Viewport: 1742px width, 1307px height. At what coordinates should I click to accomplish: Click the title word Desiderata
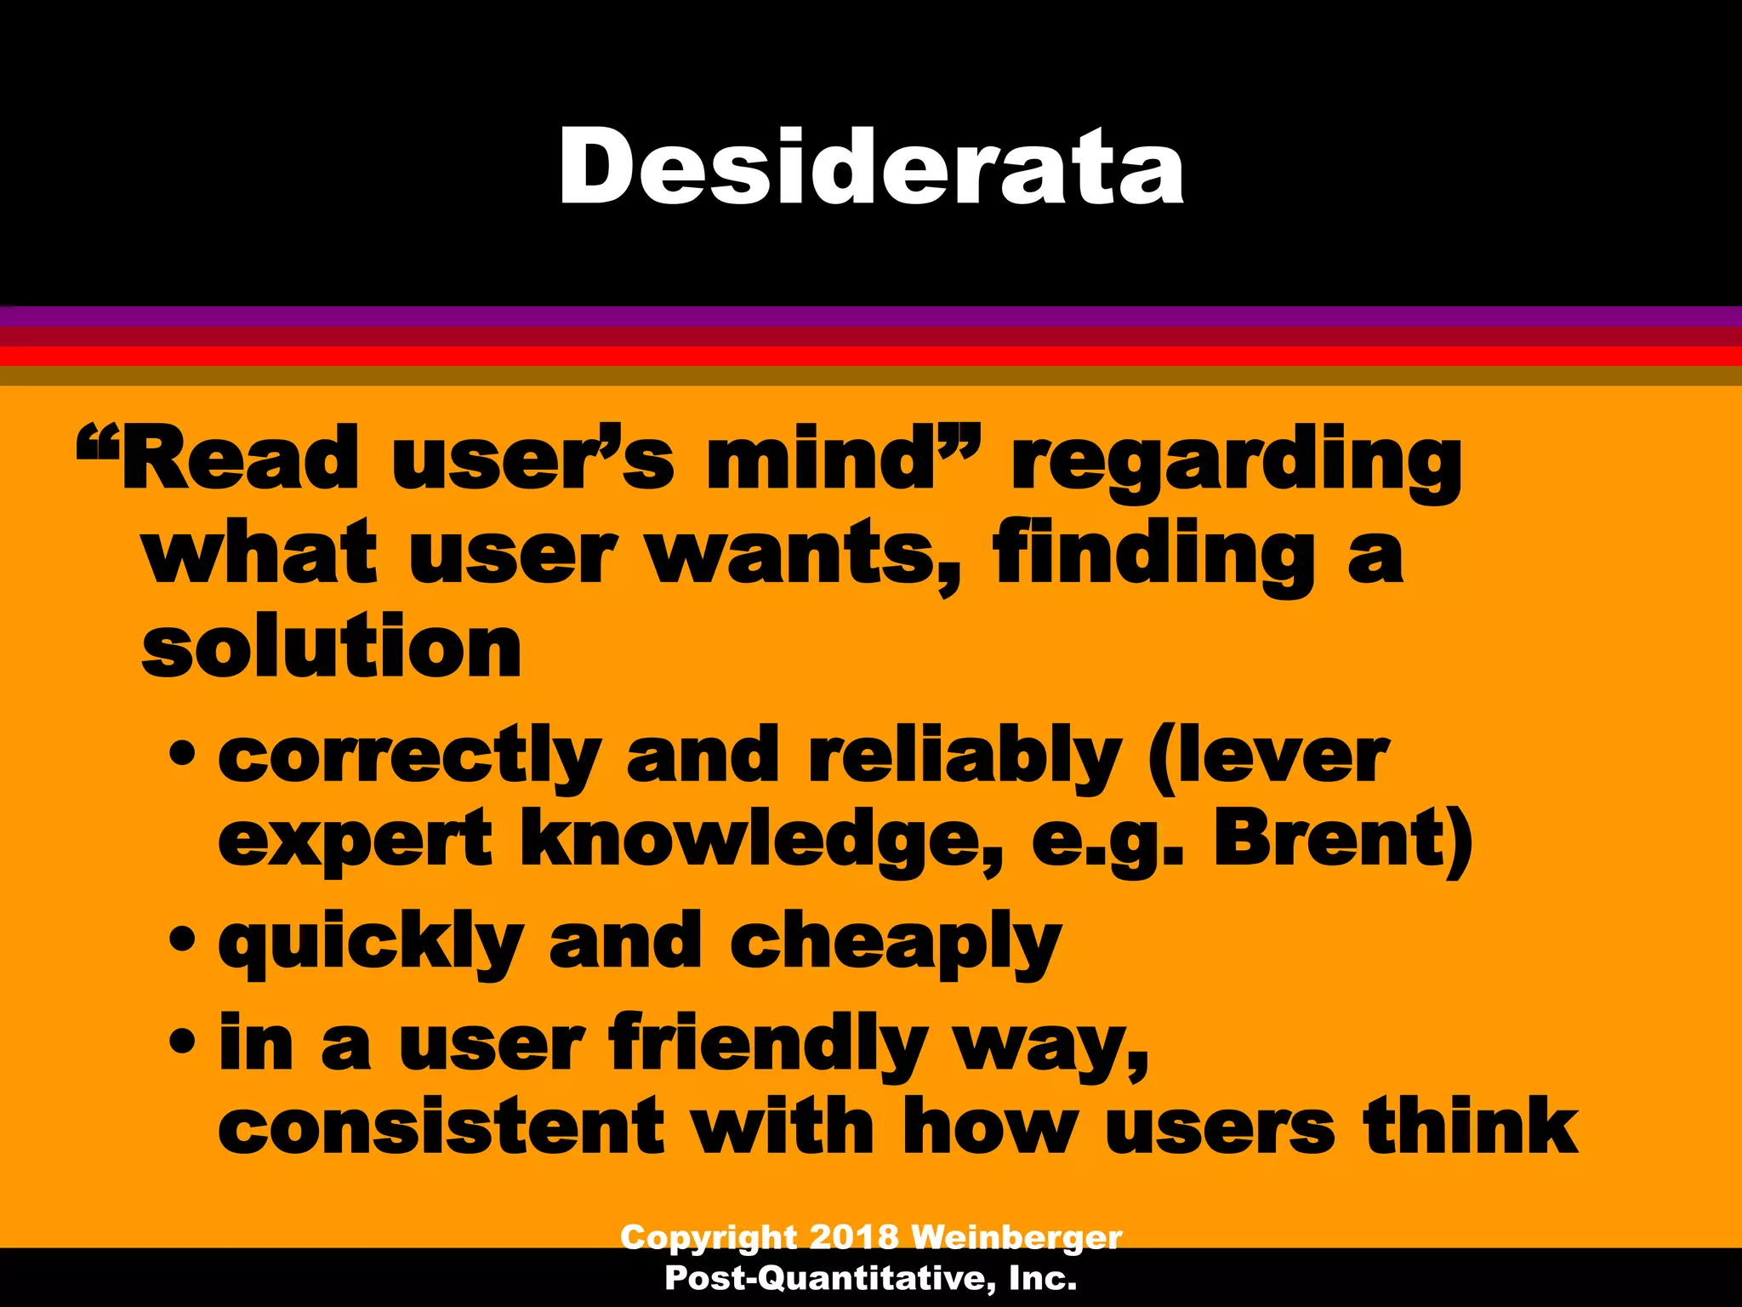click(x=870, y=166)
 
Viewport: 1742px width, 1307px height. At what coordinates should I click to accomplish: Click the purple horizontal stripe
click(x=871, y=317)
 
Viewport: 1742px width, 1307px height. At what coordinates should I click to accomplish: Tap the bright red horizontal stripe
click(x=871, y=356)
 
